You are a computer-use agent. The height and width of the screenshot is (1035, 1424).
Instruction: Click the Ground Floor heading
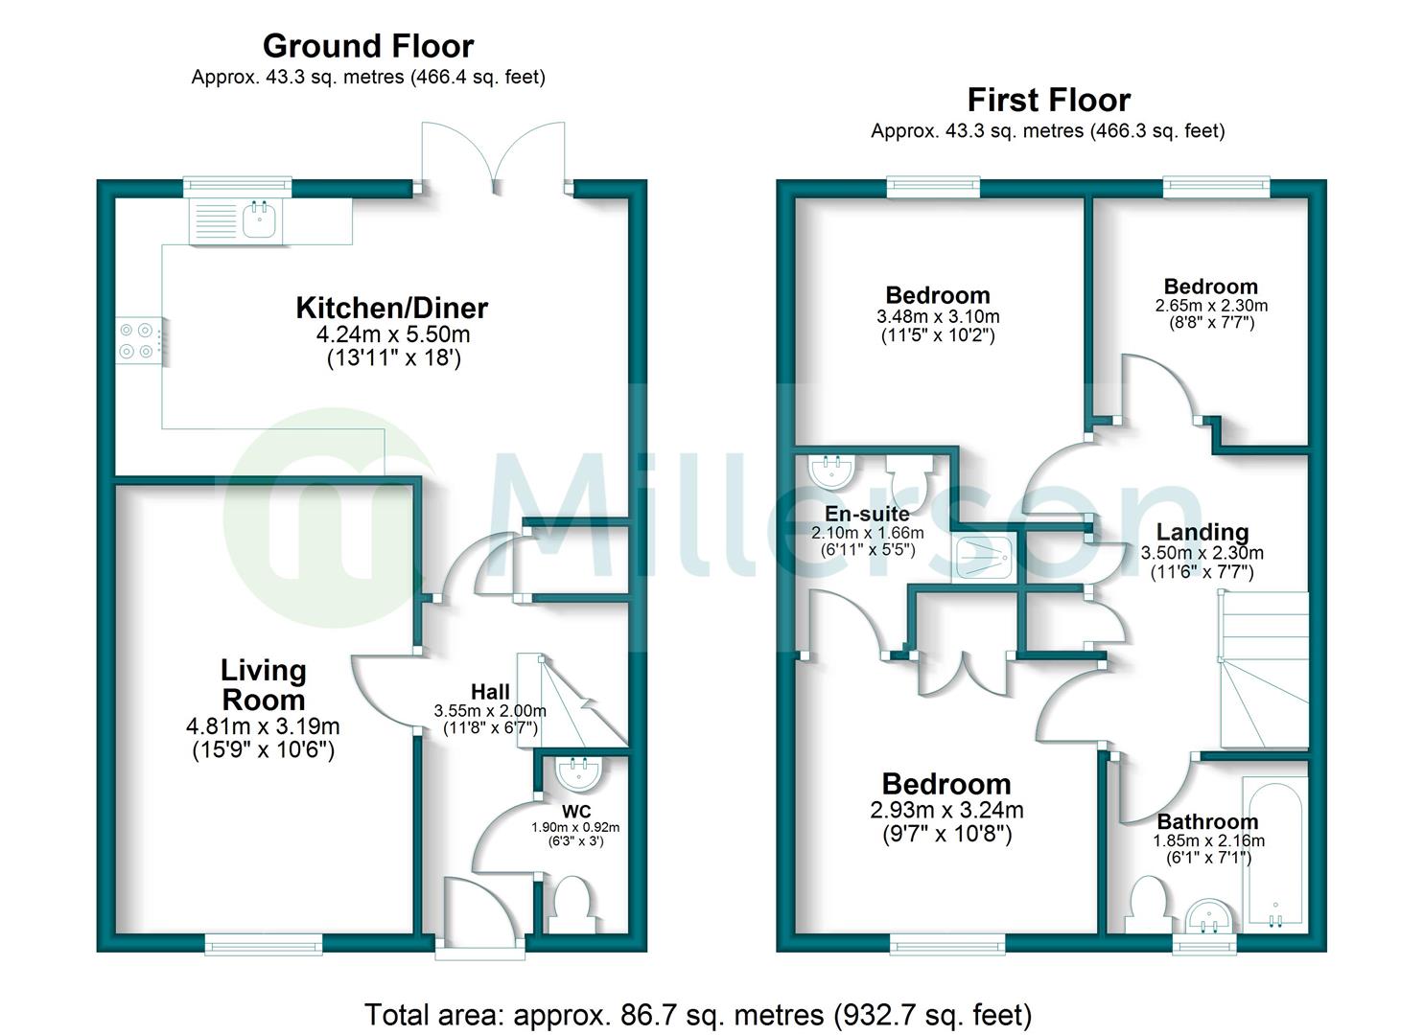[368, 46]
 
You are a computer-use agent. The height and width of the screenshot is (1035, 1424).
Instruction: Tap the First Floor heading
[1048, 100]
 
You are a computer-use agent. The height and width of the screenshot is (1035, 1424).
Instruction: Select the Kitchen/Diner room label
[391, 308]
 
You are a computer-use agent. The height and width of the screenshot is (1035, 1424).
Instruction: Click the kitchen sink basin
[260, 221]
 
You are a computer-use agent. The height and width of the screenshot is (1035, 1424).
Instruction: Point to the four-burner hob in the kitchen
[136, 341]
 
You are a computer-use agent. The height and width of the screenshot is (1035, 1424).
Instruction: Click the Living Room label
[264, 684]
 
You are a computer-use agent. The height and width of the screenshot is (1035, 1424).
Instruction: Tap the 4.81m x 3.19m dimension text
[263, 727]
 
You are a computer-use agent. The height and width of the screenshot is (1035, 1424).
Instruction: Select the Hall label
[490, 692]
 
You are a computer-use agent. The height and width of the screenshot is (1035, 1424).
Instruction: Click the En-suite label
[867, 514]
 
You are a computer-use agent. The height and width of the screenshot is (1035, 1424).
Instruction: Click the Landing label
[1202, 532]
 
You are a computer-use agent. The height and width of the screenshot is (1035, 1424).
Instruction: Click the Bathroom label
[1207, 821]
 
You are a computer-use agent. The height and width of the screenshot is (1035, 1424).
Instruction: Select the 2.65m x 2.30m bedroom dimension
[1211, 306]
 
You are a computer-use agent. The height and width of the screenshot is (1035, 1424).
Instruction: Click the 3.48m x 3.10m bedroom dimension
[938, 316]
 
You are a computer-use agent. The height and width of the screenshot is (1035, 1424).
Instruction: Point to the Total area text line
[698, 1015]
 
